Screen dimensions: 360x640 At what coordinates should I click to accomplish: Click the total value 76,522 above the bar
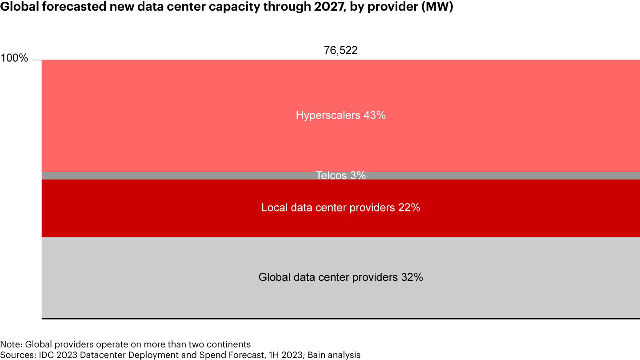(340, 50)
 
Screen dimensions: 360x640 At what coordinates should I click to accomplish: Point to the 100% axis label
(15, 58)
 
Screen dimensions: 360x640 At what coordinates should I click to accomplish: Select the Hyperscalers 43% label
(340, 116)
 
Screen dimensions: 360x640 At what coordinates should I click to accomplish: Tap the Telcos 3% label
(340, 176)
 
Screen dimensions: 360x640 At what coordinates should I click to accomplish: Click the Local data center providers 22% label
(340, 208)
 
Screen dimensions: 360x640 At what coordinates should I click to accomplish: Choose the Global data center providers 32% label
(340, 277)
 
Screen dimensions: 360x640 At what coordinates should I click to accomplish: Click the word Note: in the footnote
(12, 344)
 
